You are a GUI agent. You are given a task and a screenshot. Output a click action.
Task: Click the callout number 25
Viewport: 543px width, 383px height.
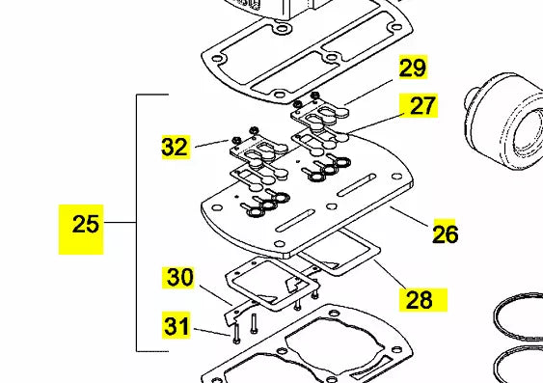pyautogui.click(x=85, y=224)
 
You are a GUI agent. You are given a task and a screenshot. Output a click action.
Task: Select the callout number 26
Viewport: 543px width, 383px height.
pyautogui.click(x=446, y=234)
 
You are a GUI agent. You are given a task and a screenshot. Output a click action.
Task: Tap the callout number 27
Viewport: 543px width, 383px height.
pyautogui.click(x=421, y=106)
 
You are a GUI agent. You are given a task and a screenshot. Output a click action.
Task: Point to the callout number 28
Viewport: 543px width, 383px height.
pyautogui.click(x=419, y=300)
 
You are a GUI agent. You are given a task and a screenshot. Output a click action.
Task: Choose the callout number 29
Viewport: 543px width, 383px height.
pyautogui.click(x=412, y=68)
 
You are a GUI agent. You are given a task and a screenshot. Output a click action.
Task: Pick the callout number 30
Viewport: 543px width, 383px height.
pyautogui.click(x=179, y=278)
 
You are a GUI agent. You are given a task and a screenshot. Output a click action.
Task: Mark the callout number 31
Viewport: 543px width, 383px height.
pyautogui.click(x=176, y=326)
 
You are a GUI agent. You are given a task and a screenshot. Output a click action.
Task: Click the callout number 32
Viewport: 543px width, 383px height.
pyautogui.click(x=175, y=147)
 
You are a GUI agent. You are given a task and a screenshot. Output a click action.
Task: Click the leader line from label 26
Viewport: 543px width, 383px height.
pyautogui.click(x=410, y=216)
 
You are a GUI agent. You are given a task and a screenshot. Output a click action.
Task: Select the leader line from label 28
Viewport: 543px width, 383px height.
pyautogui.click(x=390, y=274)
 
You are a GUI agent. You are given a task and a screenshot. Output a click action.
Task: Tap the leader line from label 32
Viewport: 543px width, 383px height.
pyautogui.click(x=211, y=144)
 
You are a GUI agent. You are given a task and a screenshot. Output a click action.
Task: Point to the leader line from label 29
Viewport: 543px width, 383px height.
pyautogui.click(x=368, y=92)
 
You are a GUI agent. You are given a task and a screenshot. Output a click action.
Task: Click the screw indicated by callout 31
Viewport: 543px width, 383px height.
pyautogui.click(x=236, y=333)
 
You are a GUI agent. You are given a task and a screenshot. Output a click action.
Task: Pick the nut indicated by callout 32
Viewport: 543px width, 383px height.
pyautogui.click(x=235, y=141)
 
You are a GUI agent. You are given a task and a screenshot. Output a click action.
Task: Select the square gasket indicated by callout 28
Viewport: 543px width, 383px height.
pyautogui.click(x=339, y=253)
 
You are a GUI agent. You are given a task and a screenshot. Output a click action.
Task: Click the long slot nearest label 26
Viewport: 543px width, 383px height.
pyautogui.click(x=356, y=185)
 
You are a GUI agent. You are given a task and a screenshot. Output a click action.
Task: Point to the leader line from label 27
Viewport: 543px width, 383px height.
pyautogui.click(x=376, y=123)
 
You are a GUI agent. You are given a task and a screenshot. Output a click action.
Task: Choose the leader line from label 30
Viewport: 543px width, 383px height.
pyautogui.click(x=216, y=295)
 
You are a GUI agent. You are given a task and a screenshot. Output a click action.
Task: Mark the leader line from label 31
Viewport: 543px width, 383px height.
pyautogui.click(x=212, y=332)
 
